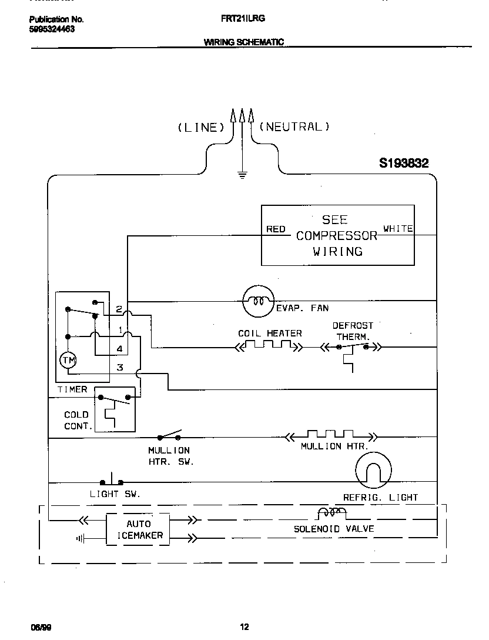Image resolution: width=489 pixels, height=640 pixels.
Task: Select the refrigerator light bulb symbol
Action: [x=373, y=471]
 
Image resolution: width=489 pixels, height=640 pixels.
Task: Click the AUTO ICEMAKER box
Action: [x=139, y=529]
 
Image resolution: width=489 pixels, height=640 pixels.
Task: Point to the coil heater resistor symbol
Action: [x=269, y=347]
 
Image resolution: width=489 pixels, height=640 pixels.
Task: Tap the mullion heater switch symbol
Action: [x=169, y=436]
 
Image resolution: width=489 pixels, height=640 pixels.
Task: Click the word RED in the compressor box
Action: [x=276, y=229]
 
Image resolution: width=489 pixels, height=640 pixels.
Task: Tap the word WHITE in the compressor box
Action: [x=398, y=228]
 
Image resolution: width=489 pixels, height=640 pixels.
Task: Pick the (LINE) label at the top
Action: [x=201, y=127]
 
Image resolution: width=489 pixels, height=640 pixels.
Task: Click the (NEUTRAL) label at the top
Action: [x=294, y=126]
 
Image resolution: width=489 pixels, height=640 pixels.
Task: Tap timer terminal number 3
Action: [x=119, y=368]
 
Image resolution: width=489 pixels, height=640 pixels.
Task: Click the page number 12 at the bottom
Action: [x=245, y=627]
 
